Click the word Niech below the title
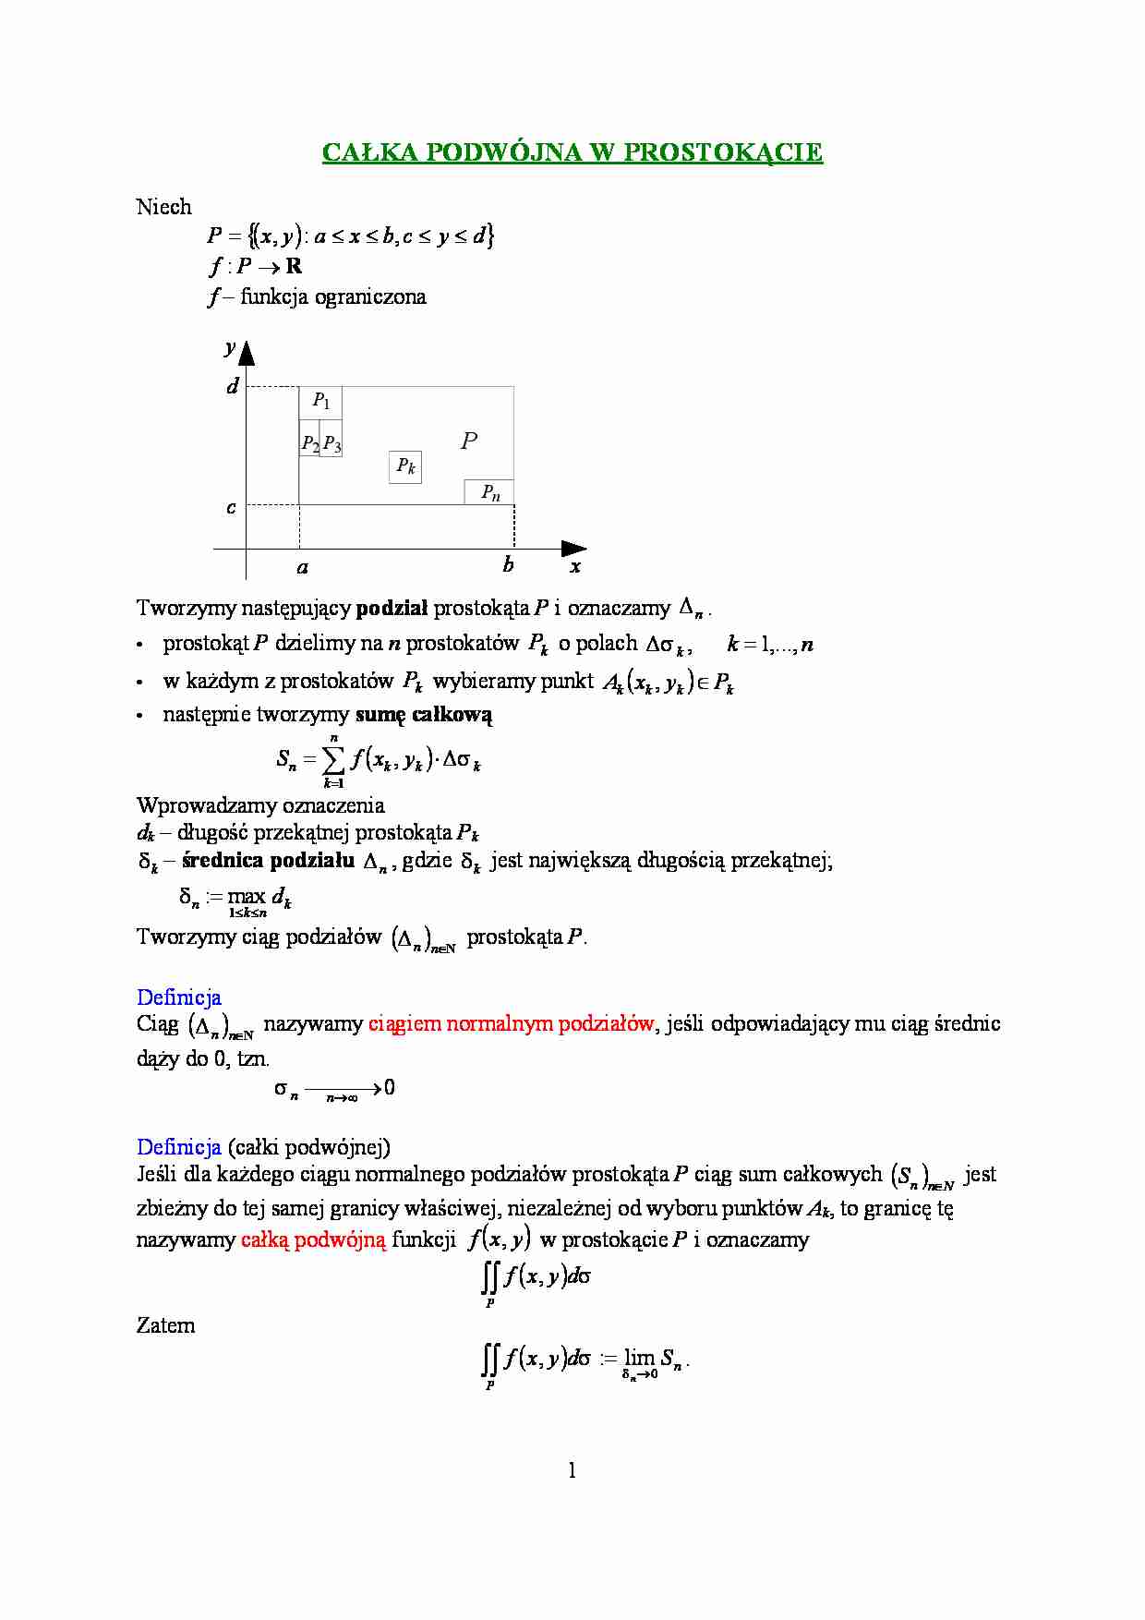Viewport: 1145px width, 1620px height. (163, 207)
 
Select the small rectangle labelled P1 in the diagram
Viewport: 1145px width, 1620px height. (320, 402)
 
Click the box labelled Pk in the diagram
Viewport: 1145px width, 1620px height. (405, 467)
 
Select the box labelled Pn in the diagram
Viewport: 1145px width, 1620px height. (489, 492)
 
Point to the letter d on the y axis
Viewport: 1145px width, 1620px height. (233, 386)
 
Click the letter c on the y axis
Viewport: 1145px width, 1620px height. (231, 507)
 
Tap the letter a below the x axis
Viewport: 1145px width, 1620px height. (302, 567)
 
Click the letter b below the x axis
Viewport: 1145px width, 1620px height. (508, 565)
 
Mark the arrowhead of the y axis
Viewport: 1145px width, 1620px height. (247, 353)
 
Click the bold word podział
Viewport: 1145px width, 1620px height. (392, 608)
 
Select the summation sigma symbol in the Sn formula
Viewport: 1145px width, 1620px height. (333, 760)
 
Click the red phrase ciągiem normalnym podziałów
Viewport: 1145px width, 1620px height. (511, 1023)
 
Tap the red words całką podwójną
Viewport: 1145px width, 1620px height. (313, 1239)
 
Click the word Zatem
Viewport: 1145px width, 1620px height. (165, 1325)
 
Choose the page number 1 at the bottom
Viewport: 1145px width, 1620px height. (572, 1470)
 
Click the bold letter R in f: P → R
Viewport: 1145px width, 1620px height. (294, 267)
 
